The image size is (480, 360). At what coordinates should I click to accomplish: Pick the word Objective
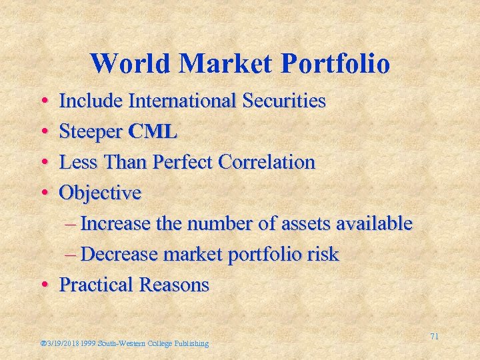coord(101,193)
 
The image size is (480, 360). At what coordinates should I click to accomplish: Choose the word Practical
coord(96,285)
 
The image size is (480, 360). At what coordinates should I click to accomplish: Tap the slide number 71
coord(434,337)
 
